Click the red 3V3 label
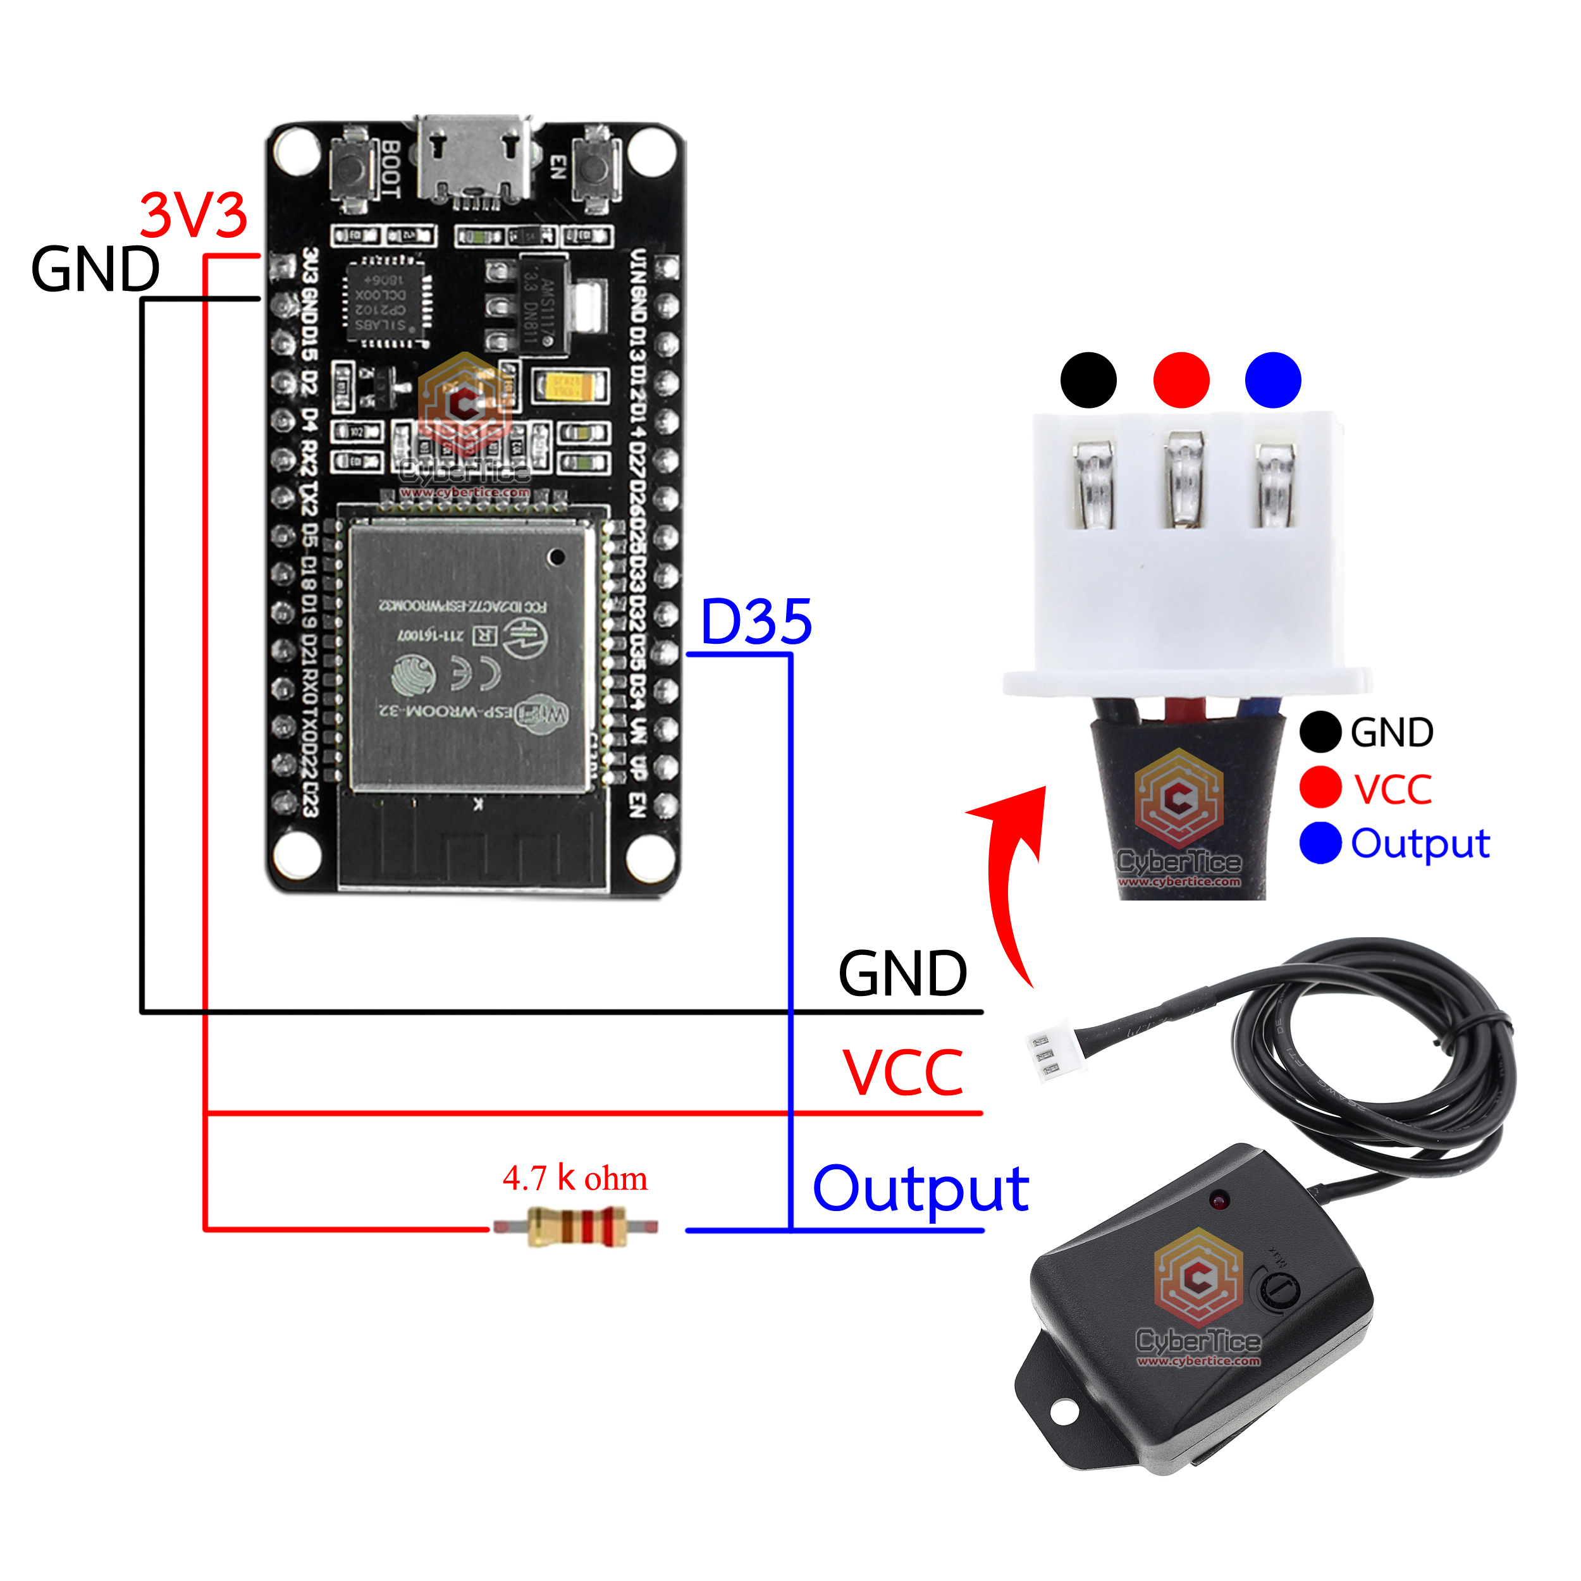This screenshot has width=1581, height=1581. [193, 216]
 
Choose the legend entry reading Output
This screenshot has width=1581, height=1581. [1420, 844]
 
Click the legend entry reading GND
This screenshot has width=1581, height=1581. [1391, 732]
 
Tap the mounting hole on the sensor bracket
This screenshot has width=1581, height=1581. [1064, 1411]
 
